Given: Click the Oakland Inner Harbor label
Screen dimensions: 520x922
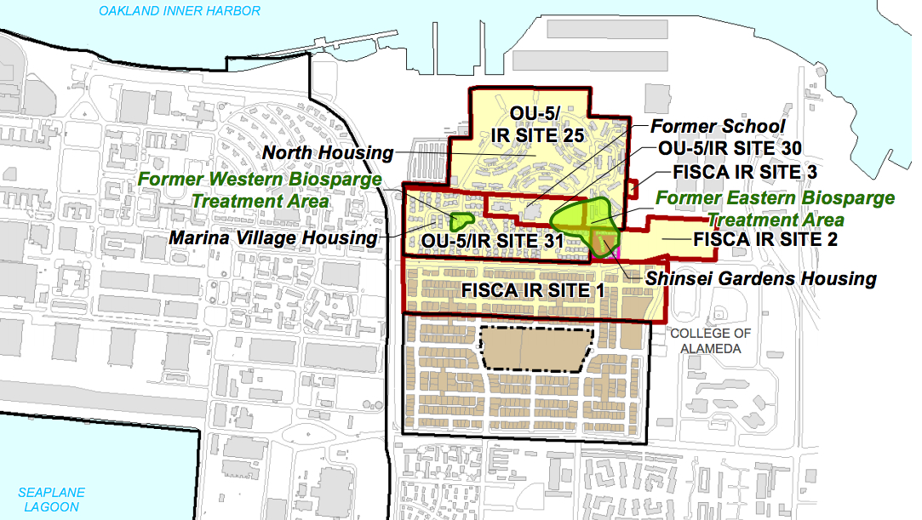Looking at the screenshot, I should (179, 11).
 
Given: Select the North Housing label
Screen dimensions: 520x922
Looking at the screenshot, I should (329, 153).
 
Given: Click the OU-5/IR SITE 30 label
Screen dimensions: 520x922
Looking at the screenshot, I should (730, 148).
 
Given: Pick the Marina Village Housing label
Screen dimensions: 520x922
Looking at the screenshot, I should (272, 237).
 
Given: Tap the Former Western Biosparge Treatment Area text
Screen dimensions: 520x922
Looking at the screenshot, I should (258, 191).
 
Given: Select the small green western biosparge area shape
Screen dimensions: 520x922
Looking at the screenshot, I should (463, 220).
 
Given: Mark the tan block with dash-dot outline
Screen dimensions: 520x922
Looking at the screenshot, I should (536, 348).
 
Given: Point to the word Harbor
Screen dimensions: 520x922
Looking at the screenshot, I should (232, 11).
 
